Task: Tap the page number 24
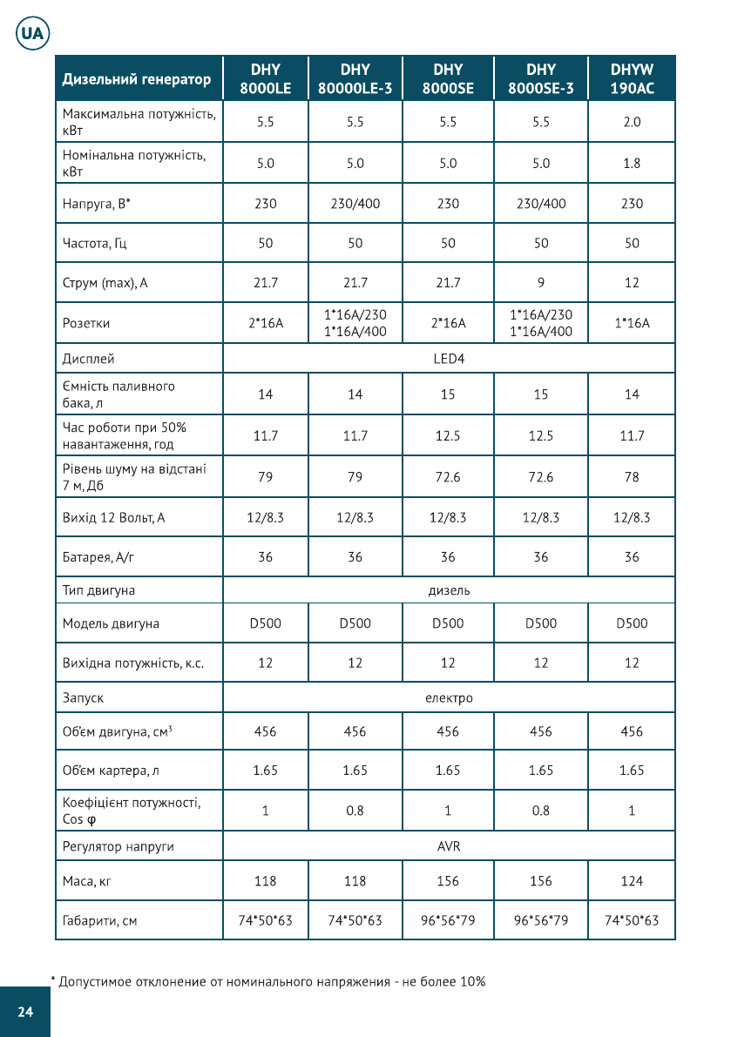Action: [x=24, y=1011]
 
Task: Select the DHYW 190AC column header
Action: [x=632, y=78]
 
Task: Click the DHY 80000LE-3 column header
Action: [x=355, y=78]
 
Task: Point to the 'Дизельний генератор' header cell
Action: [x=137, y=79]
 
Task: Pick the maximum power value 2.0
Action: [x=632, y=122]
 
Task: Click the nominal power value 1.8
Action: [x=632, y=163]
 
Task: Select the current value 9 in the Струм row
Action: [x=541, y=283]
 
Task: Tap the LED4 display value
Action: [x=448, y=359]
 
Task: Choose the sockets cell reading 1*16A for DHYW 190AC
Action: [x=632, y=323]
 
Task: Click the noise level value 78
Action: [x=632, y=476]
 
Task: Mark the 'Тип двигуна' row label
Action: [x=98, y=590]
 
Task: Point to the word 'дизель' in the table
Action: [x=449, y=590]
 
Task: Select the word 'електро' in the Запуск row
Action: [x=449, y=697]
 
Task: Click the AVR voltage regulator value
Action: [x=449, y=845]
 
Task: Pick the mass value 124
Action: [x=632, y=881]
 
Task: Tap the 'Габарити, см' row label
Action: [x=100, y=920]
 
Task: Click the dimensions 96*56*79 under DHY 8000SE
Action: [x=448, y=920]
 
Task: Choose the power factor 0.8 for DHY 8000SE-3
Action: [x=541, y=811]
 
